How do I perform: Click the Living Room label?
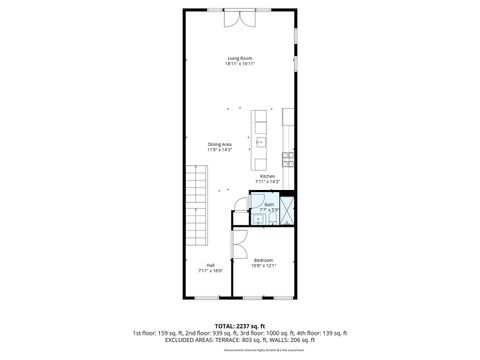240,59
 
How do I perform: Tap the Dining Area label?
220,144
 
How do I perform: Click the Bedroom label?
264,260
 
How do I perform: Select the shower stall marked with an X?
287,210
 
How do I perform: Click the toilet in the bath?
257,219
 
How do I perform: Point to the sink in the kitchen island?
261,142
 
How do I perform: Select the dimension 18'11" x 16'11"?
240,64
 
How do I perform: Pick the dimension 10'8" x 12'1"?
264,265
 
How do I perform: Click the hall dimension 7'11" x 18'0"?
211,270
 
